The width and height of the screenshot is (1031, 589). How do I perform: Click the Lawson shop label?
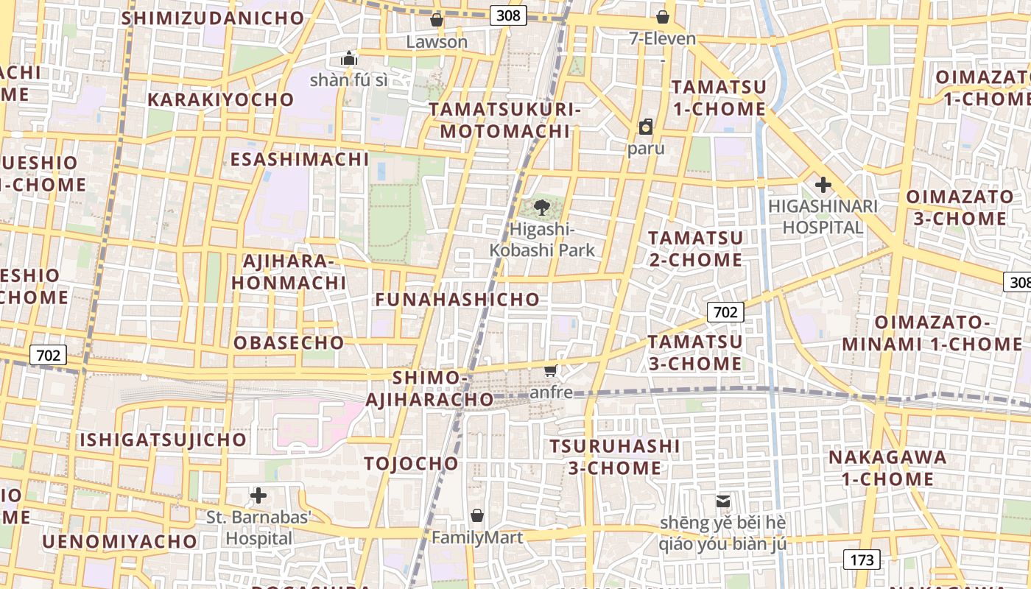coord(437,41)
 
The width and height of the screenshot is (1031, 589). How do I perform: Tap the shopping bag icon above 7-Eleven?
coord(663,17)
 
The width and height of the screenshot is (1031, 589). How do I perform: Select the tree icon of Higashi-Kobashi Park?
coord(542,207)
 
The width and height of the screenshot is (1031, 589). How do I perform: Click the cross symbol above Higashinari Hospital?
coord(823,185)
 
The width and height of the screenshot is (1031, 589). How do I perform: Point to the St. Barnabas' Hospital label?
coord(258,528)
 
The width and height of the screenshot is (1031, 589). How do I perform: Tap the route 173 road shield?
coord(862,560)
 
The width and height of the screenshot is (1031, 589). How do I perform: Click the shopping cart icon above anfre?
coord(551,370)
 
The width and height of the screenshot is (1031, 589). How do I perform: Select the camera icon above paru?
coord(646,127)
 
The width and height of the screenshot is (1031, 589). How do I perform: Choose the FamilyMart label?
coord(477,537)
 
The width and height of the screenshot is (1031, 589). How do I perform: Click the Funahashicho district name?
coord(457,300)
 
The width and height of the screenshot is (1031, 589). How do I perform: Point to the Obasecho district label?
coord(289,342)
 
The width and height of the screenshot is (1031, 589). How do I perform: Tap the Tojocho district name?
coord(411,463)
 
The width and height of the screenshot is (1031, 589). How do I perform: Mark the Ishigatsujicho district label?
coord(163,440)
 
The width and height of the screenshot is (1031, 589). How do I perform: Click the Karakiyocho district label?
coord(220,99)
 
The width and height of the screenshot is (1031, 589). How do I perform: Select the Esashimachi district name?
coord(299,159)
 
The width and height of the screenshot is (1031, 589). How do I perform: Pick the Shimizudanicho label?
coord(212,18)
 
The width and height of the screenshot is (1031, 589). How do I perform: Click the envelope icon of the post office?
coord(723,501)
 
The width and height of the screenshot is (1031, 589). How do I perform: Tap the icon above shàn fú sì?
coord(349,58)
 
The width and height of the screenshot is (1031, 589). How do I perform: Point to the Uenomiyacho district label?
coord(119,541)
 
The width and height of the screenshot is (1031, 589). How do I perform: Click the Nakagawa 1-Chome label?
coord(887,468)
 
